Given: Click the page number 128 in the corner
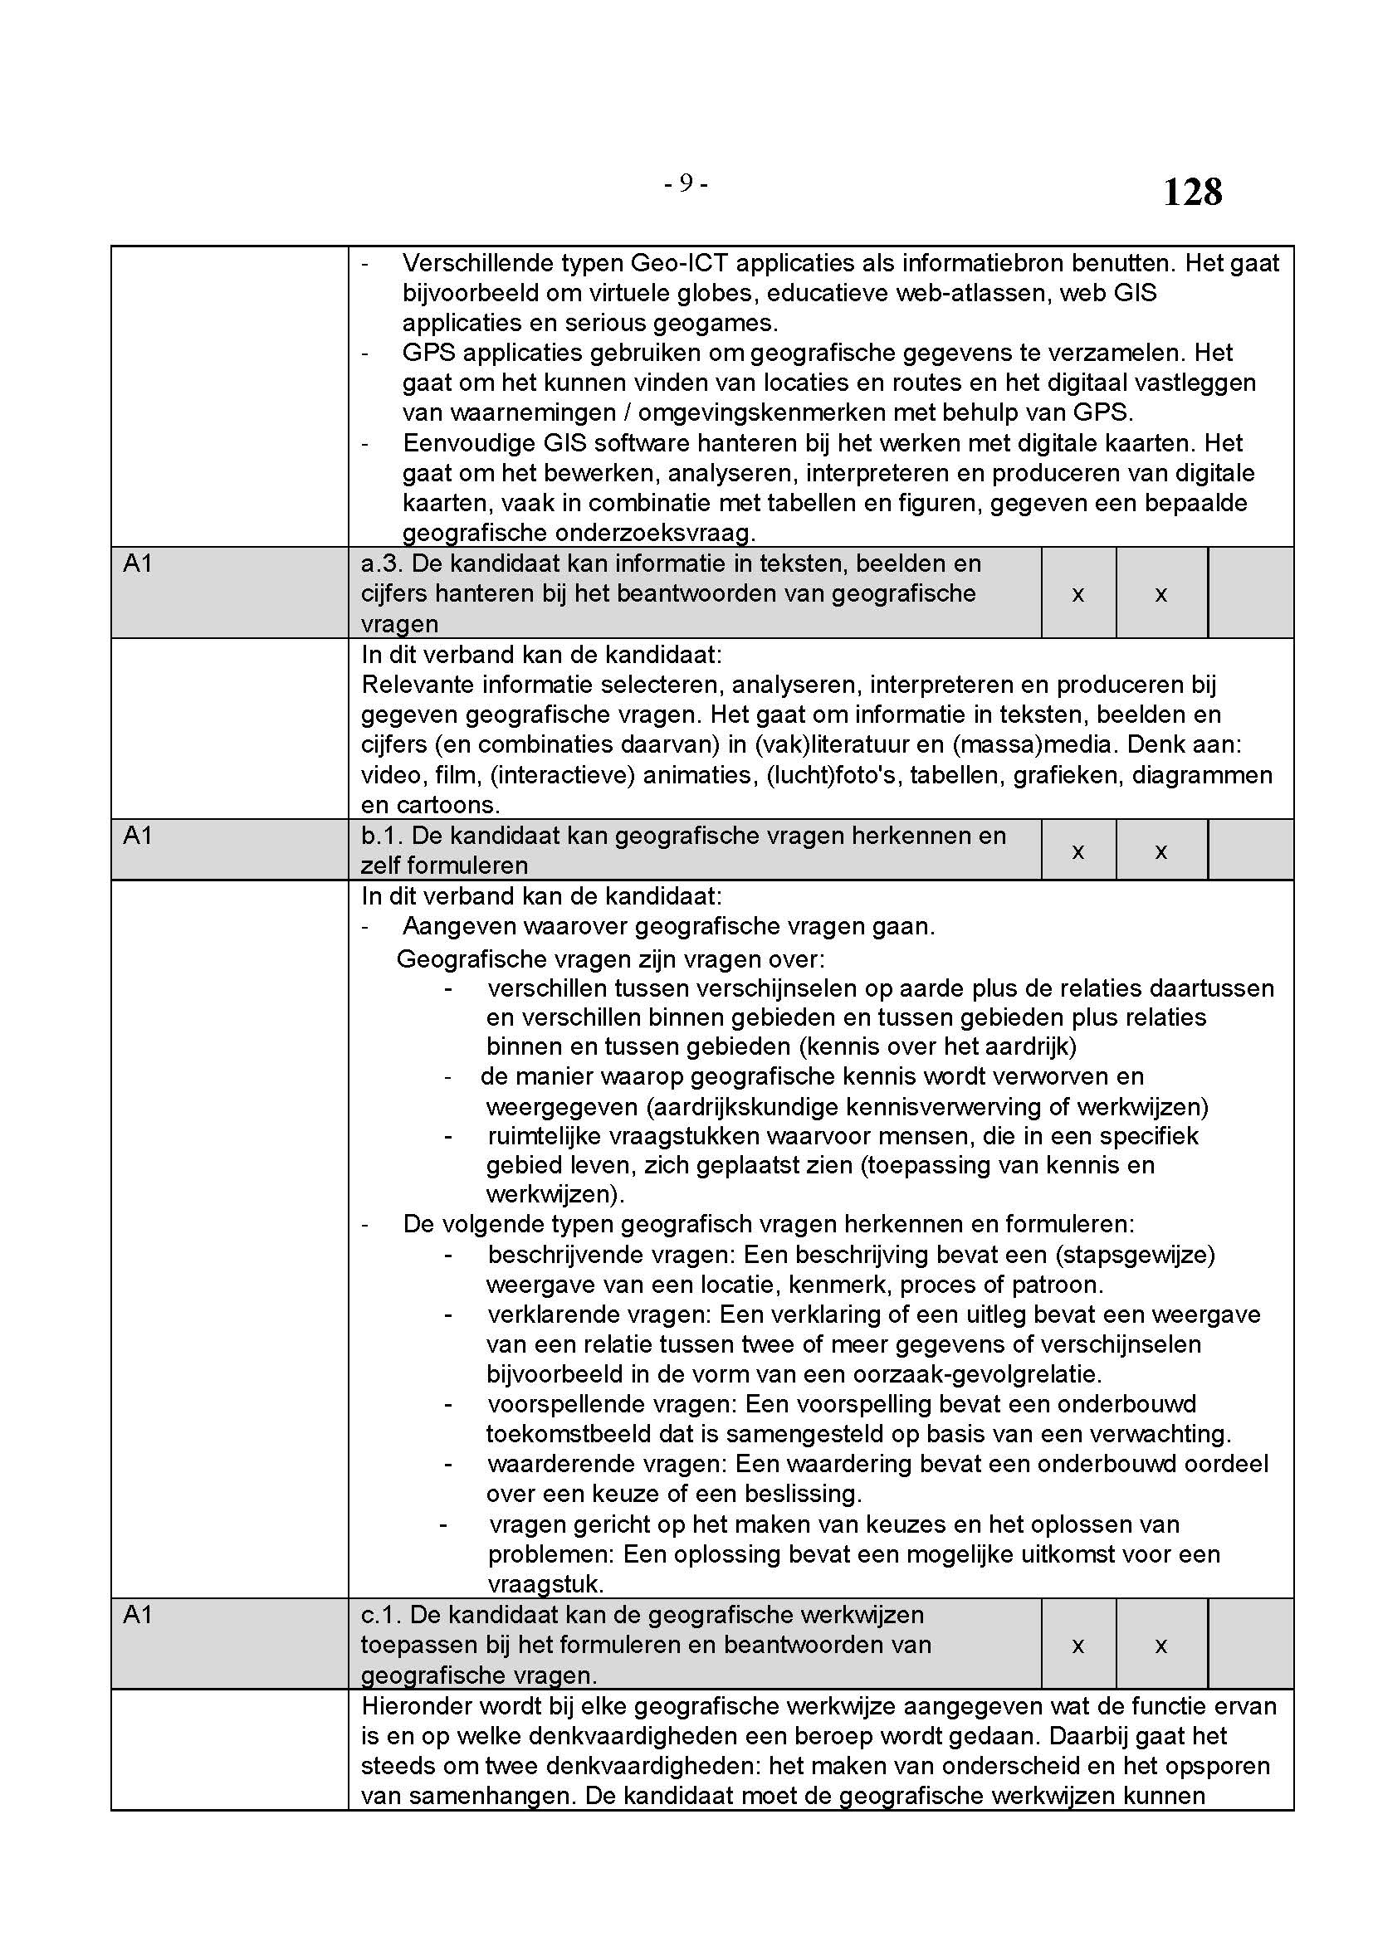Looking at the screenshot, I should click(1192, 193).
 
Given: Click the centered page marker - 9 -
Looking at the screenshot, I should click(686, 183).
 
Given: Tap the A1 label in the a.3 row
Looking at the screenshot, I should click(138, 563).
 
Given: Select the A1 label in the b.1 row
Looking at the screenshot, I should click(138, 836).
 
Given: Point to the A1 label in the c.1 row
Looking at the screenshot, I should click(138, 1616).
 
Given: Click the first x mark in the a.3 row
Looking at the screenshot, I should click(1078, 595).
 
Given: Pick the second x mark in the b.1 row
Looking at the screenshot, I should click(1160, 851).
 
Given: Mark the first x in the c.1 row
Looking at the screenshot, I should click(1078, 1646).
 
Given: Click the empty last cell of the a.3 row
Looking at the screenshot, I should click(1250, 593).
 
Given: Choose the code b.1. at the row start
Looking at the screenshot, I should click(382, 836).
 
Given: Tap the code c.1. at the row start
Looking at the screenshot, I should click(381, 1616).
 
